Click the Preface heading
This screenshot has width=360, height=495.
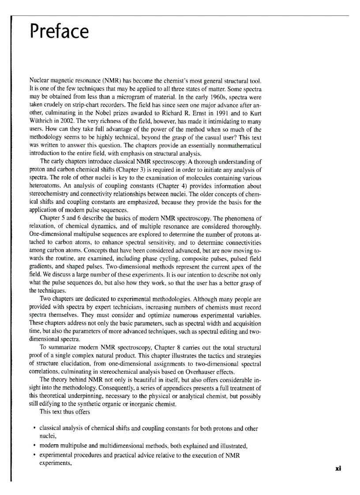click(x=59, y=32)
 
